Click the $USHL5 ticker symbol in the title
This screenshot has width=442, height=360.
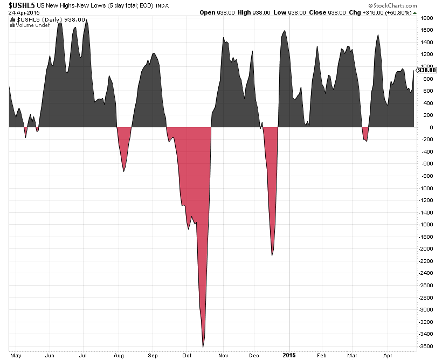pyautogui.click(x=18, y=5)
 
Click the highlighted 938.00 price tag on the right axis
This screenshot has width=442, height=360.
pyautogui.click(x=426, y=70)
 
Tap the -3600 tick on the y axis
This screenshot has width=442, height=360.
pyautogui.click(x=426, y=346)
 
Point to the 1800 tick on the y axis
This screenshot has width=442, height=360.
pyautogui.click(x=426, y=18)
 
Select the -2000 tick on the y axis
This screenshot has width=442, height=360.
pyautogui.click(x=426, y=249)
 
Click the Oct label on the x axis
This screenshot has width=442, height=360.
pyautogui.click(x=187, y=356)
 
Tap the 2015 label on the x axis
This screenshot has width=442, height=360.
pyautogui.click(x=289, y=356)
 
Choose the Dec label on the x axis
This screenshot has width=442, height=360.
pyautogui.click(x=255, y=356)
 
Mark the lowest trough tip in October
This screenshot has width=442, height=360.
pyautogui.click(x=203, y=347)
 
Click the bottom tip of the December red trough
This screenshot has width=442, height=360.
pyautogui.click(x=272, y=255)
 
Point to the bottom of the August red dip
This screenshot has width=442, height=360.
pyautogui.click(x=124, y=171)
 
